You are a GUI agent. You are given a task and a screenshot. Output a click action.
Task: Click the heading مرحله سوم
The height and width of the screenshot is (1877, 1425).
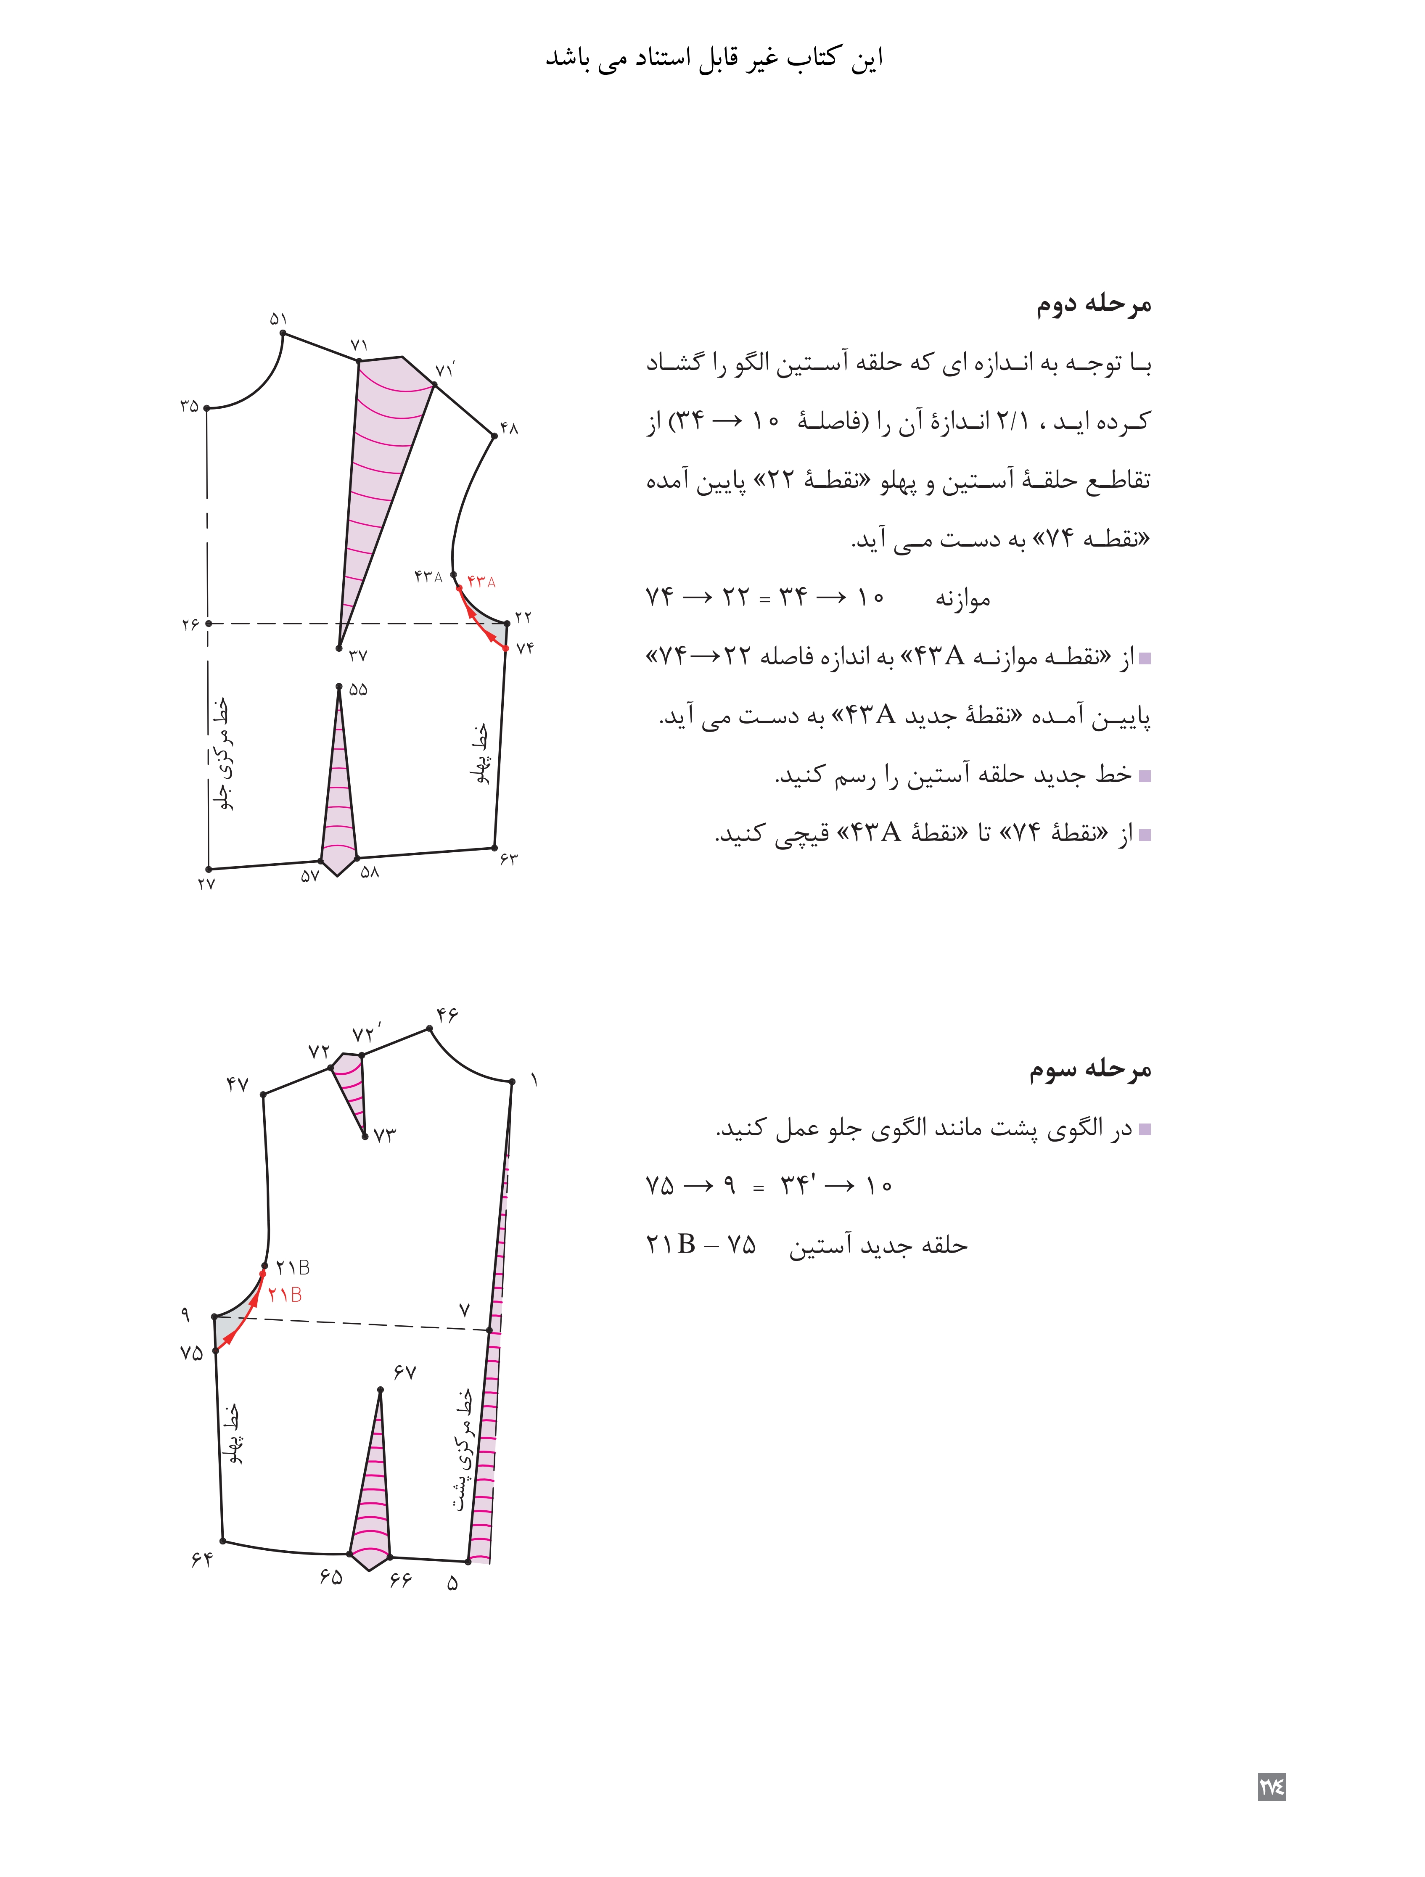[x=1091, y=1069]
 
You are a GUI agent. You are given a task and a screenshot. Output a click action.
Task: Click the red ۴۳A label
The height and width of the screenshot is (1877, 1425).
[x=481, y=582]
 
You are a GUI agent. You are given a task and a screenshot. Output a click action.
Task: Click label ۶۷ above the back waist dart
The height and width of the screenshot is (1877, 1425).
[x=405, y=1372]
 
